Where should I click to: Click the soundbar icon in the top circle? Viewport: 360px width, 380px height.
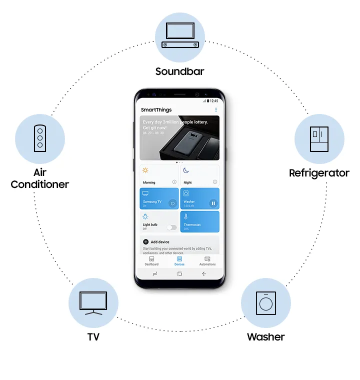click(180, 37)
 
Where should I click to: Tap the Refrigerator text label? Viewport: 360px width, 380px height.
click(319, 173)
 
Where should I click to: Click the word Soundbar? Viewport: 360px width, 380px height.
click(180, 71)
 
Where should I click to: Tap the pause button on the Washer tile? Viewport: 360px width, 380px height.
click(213, 203)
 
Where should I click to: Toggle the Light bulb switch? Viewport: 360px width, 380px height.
click(171, 227)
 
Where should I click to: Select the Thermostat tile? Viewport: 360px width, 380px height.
click(199, 221)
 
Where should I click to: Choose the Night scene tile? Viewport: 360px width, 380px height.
click(199, 175)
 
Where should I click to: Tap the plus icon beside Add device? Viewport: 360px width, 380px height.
click(145, 241)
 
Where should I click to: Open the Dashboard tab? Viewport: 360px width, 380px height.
click(151, 261)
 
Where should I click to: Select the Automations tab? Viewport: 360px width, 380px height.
click(207, 261)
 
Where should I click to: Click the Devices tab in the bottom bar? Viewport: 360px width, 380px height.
click(179, 261)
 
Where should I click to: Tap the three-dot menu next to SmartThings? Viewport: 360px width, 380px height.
click(216, 109)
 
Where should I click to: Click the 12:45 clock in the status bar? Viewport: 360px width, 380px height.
click(214, 100)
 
